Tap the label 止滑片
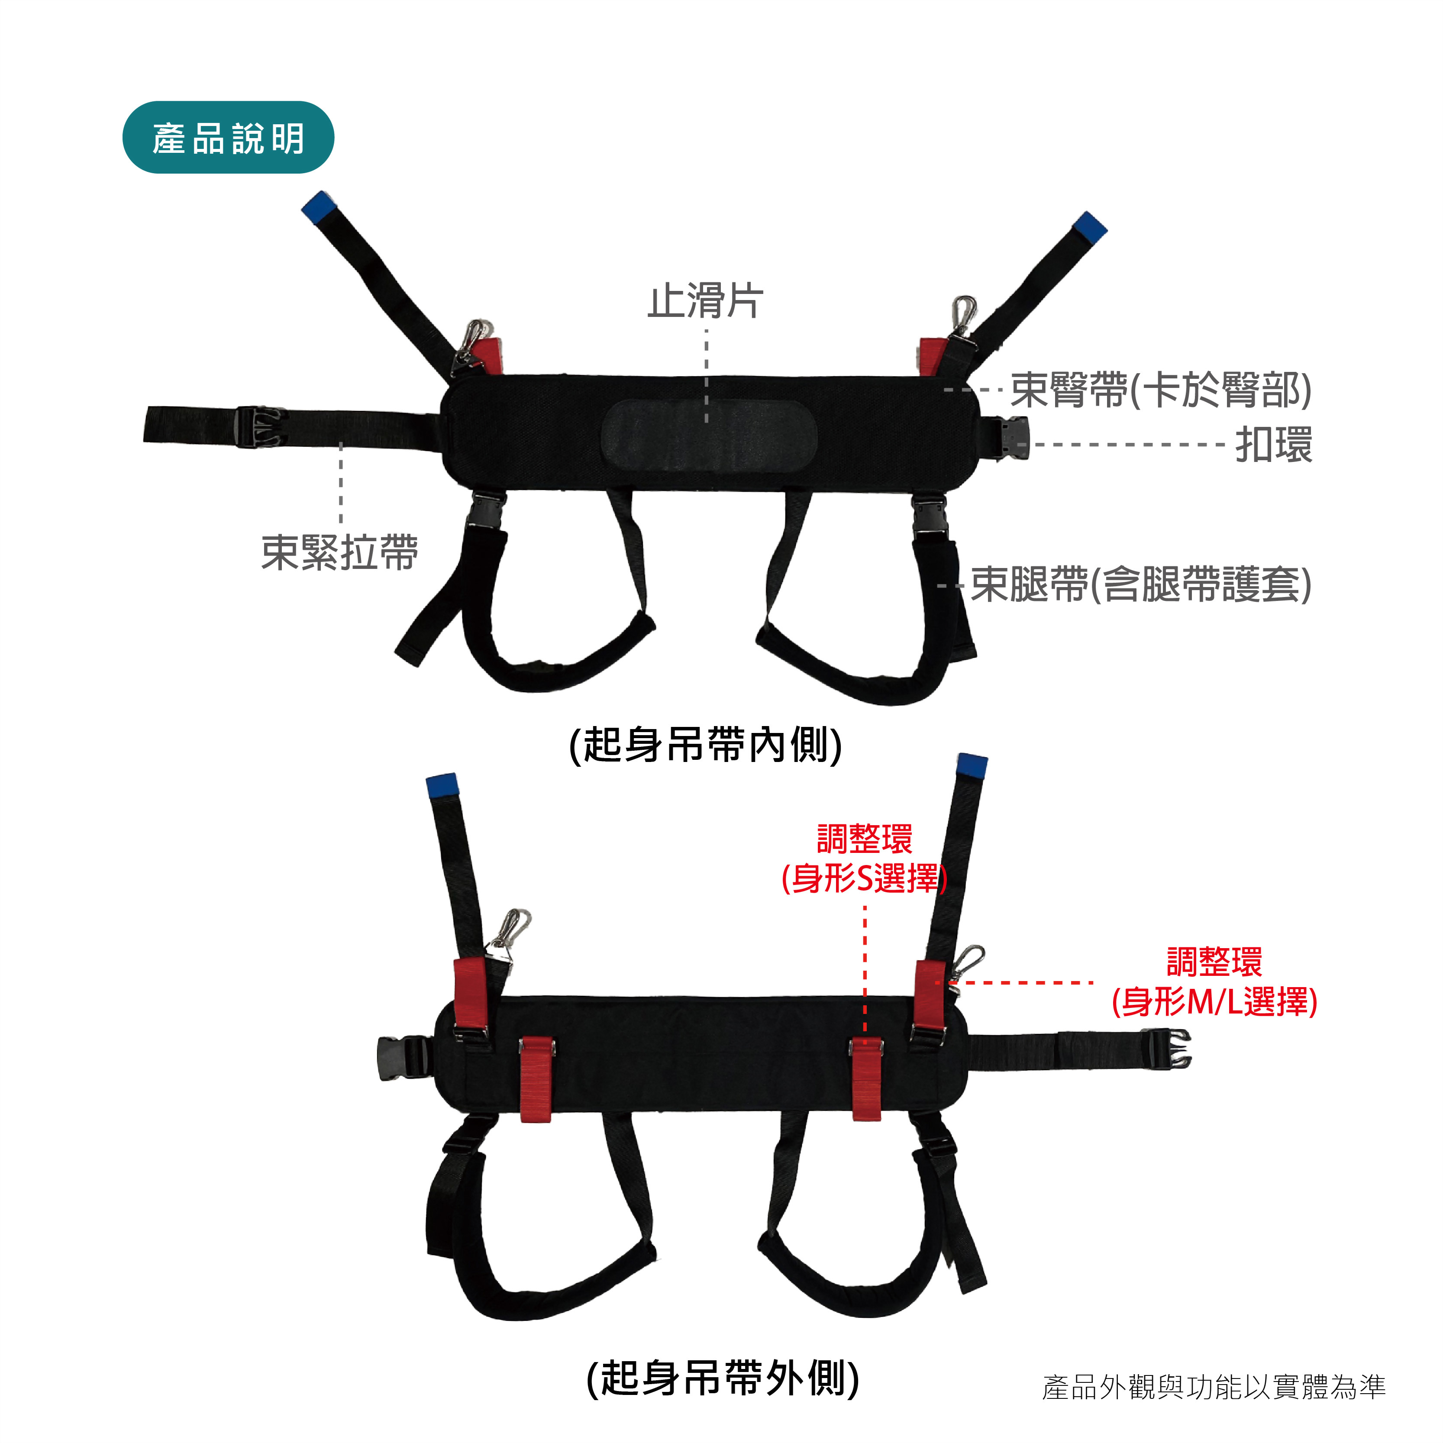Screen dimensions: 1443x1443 coord(706,301)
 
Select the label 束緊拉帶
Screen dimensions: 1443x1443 coord(340,553)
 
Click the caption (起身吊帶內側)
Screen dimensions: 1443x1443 coord(706,745)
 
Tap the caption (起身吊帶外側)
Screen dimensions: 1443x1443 coord(723,1378)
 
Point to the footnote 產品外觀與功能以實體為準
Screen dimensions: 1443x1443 coord(1214,1387)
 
